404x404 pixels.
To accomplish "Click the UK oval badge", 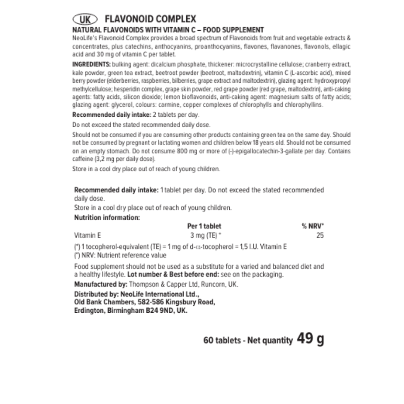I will tap(86, 19).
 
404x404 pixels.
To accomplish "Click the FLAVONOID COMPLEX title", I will tap(151, 19).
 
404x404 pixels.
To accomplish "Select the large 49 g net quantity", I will tap(310, 339).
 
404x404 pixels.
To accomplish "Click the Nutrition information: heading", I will tap(107, 217).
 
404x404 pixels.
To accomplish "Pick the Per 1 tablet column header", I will tap(204, 226).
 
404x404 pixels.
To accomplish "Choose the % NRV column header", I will tap(313, 226).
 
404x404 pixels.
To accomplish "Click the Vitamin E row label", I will tap(88, 236).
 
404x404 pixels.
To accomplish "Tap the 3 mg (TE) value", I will tap(204, 236).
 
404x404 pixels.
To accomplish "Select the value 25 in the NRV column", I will tap(320, 236).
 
